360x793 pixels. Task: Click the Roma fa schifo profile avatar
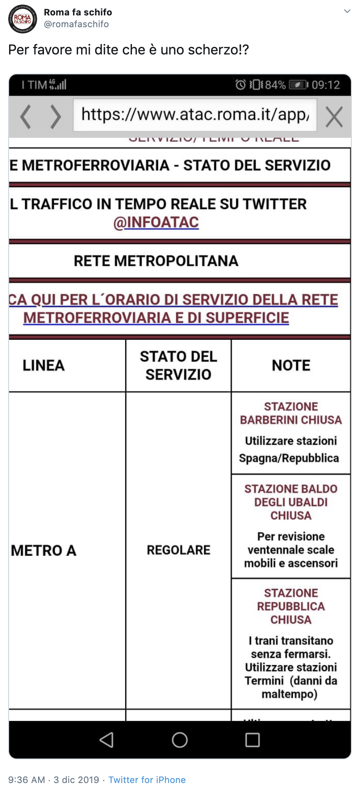click(x=22, y=19)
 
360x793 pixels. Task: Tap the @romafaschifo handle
click(x=76, y=24)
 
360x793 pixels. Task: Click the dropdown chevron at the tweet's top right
click(x=347, y=11)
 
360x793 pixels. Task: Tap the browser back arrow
click(x=26, y=117)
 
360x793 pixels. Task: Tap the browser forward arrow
click(x=55, y=117)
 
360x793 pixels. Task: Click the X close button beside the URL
click(x=334, y=117)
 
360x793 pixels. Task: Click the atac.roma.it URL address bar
click(x=195, y=115)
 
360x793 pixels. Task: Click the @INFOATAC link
click(x=156, y=222)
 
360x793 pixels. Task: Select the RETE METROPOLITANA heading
click(x=156, y=261)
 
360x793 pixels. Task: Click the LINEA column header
click(x=44, y=366)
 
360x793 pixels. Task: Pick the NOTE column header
click(x=291, y=366)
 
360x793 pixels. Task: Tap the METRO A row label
click(x=44, y=550)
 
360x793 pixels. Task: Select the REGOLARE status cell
click(x=178, y=550)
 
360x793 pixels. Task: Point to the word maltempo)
click(x=290, y=694)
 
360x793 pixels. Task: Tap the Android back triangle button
click(x=107, y=740)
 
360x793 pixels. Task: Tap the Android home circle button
click(x=180, y=740)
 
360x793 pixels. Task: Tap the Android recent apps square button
click(x=253, y=740)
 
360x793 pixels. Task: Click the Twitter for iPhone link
click(x=147, y=780)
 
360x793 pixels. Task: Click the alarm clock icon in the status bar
click(x=240, y=85)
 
